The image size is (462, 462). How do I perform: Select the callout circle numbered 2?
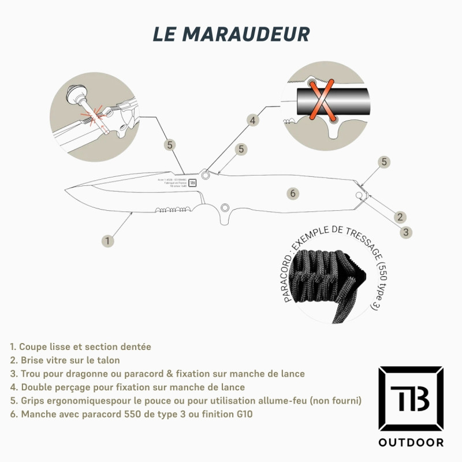point(399,217)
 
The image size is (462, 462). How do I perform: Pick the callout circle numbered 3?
point(407,232)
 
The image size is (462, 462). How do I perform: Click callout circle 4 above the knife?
point(252,120)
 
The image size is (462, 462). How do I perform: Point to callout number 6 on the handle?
point(293,193)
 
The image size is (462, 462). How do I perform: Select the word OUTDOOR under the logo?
point(411,443)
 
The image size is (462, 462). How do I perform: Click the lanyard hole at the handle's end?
point(360,196)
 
